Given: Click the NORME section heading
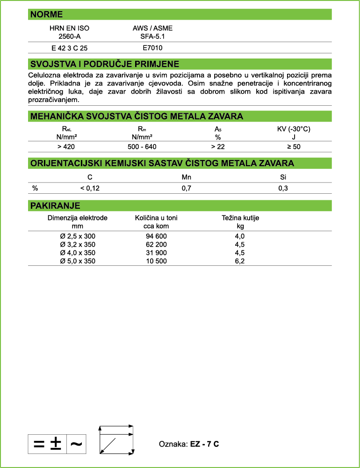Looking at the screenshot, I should (x=46, y=15).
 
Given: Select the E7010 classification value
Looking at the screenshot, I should (x=152, y=48).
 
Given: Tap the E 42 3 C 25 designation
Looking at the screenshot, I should (x=69, y=48).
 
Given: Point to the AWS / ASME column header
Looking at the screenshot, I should (x=152, y=28).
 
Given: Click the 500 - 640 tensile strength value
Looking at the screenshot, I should (x=142, y=147).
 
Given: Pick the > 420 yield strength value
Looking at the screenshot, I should (x=66, y=147).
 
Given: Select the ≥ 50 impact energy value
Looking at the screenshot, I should (x=293, y=147).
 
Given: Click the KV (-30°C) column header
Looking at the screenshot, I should (x=293, y=129).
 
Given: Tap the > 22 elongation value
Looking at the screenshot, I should (x=217, y=147).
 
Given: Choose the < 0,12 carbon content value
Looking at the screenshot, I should (x=90, y=188).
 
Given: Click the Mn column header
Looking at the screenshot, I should (x=187, y=177).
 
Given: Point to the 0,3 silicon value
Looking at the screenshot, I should (x=283, y=188).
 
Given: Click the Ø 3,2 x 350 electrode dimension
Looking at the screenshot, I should (x=78, y=245).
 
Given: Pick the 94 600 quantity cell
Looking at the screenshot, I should (x=156, y=236).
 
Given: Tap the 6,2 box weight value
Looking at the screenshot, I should (x=240, y=261).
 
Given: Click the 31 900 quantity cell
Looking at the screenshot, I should (x=156, y=253).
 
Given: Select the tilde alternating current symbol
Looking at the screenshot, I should (x=76, y=444).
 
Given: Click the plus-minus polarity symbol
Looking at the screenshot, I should (x=56, y=443).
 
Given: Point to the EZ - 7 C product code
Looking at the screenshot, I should (x=204, y=444).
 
